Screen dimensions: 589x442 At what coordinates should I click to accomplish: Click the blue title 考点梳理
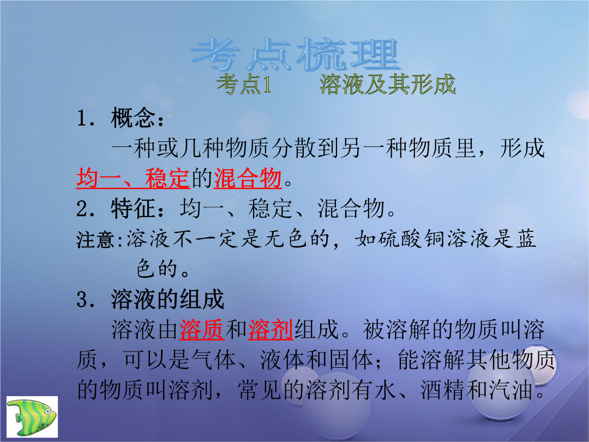(295, 55)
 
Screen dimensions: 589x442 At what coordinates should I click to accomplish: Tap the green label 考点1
(243, 84)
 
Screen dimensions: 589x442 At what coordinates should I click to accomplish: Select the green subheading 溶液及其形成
(388, 84)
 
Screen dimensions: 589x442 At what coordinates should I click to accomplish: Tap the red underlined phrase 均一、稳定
(133, 178)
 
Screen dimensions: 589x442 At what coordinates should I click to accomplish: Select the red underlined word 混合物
(248, 178)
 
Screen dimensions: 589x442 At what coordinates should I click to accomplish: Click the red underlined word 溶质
(202, 330)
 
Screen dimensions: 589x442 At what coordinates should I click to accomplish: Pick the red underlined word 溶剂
(271, 330)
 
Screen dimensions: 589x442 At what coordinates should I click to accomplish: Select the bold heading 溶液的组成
(167, 300)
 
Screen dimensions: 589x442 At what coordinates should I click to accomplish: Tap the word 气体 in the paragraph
(213, 360)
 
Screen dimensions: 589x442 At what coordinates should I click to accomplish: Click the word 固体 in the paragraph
(351, 360)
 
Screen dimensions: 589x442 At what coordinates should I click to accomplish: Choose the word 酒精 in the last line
(443, 390)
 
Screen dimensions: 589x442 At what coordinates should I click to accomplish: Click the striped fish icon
(32, 416)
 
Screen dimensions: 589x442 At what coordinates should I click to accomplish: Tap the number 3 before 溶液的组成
(82, 300)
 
